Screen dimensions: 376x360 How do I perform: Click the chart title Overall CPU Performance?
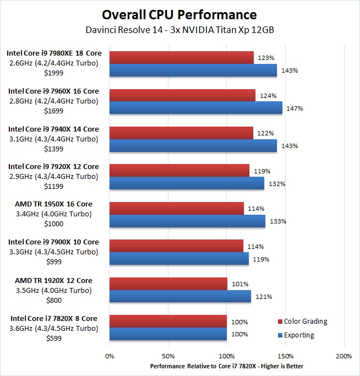point(179,14)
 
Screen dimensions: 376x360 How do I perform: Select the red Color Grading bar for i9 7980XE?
point(182,57)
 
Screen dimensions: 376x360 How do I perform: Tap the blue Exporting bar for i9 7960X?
point(196,108)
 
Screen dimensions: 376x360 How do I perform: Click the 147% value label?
point(294,108)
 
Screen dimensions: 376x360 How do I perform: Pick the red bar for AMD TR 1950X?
point(177,208)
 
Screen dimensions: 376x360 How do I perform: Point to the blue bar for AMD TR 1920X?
point(181,296)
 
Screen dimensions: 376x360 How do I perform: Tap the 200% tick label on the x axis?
point(343,356)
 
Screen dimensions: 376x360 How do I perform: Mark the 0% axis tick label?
point(110,356)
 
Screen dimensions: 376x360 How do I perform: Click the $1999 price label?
point(52,73)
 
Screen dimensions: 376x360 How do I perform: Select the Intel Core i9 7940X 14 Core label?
point(53,129)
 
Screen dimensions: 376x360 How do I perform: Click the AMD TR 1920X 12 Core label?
point(53,280)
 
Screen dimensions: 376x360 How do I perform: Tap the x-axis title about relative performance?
point(226,366)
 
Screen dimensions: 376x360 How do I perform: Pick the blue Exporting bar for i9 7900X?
point(179,259)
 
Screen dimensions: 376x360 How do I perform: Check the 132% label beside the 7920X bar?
point(277,184)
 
